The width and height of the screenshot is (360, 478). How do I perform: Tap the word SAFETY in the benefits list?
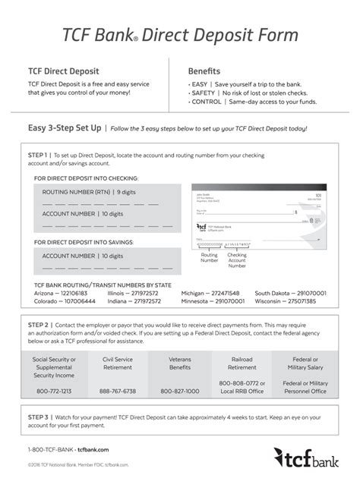(x=204, y=93)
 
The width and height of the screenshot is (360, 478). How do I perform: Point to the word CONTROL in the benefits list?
(x=207, y=102)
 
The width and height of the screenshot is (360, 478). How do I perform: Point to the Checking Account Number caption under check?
(x=237, y=260)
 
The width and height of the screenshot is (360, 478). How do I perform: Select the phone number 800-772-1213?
(x=54, y=392)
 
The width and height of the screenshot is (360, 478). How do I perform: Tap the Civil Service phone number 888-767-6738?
(x=118, y=392)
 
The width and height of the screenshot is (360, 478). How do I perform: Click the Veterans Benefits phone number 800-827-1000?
(x=180, y=392)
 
